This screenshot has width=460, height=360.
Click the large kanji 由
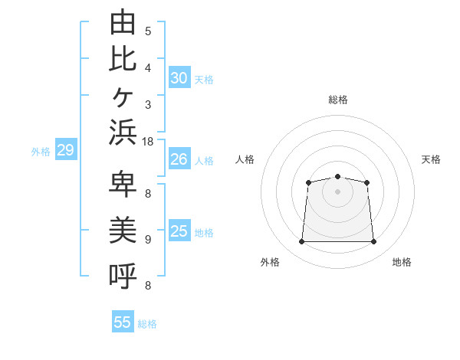tap(123, 21)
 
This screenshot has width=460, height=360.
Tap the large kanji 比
tap(123, 59)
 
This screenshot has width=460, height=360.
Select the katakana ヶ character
tap(123, 97)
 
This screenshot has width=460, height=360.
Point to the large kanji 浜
tap(123, 132)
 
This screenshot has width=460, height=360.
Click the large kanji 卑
tap(123, 184)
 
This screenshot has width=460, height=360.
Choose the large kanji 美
tap(123, 230)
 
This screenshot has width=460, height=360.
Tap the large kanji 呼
tap(123, 276)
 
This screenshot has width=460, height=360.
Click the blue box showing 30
tap(179, 77)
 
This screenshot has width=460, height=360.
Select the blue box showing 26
tap(179, 159)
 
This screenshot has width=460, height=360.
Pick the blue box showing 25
tap(179, 230)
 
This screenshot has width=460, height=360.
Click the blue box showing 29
tap(66, 149)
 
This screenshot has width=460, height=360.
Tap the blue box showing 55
tap(123, 321)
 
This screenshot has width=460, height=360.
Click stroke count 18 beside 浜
tap(147, 142)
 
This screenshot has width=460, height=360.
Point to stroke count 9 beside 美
tap(148, 240)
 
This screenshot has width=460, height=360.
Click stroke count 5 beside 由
tap(148, 31)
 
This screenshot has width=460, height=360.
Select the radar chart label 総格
tap(338, 100)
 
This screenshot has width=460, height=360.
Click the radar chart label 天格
tap(431, 159)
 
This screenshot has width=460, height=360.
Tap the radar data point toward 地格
tap(373, 241)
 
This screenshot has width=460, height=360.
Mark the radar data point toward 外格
tap(301, 241)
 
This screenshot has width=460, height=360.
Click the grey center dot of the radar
tap(337, 191)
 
